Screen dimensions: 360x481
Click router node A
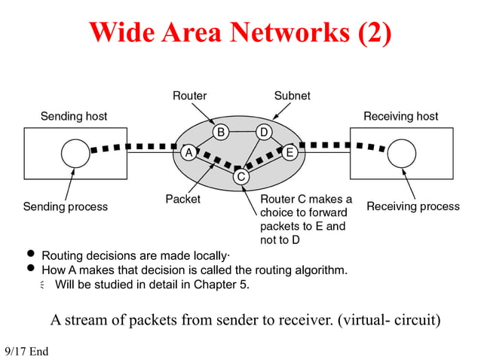188,152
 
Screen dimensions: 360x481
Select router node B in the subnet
220,133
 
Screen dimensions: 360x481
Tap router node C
240,176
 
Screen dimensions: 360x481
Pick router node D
263,133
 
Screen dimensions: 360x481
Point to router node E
290,152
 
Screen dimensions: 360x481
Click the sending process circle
75,153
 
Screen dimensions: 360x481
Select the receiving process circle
402,153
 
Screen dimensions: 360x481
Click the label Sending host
73,116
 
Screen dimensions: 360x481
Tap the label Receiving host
400,116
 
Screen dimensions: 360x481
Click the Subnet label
292,96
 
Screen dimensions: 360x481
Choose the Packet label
182,200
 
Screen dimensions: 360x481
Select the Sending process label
65,206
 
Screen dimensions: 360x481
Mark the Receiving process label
412,206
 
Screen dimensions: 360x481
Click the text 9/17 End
26,352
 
